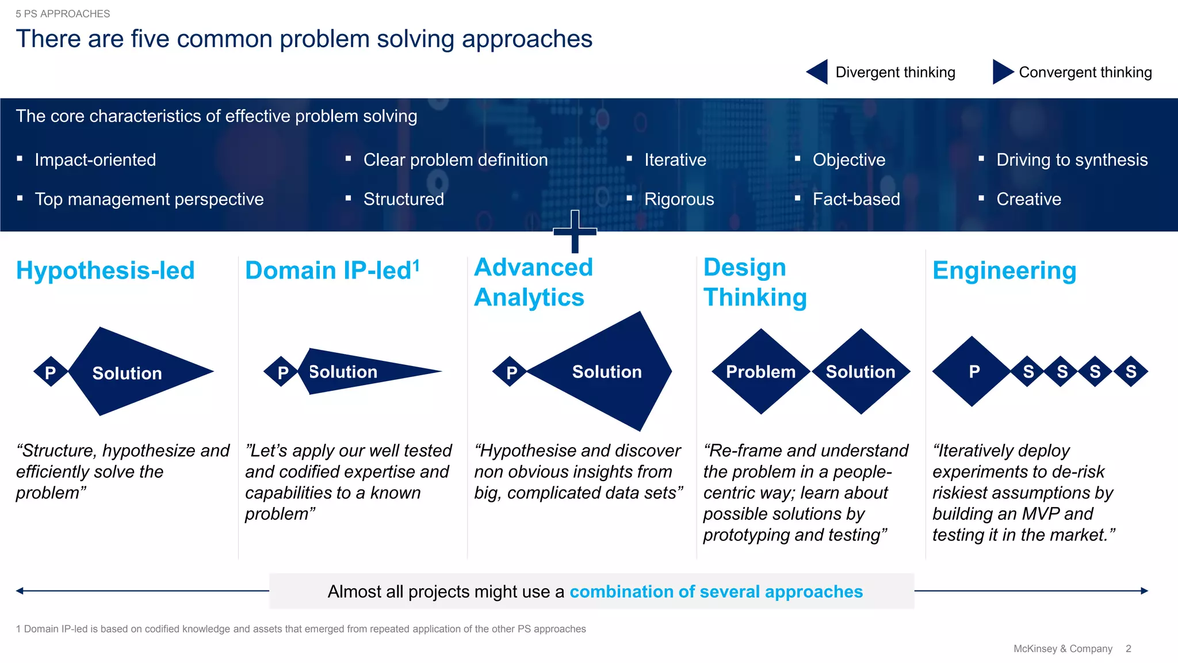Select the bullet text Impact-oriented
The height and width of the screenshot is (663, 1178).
[x=95, y=159]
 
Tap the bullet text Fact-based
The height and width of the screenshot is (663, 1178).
[x=856, y=199]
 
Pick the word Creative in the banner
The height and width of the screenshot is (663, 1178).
[x=1028, y=199]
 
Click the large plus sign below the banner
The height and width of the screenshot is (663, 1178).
[x=575, y=232]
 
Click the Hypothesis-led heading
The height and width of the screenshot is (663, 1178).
[x=105, y=270]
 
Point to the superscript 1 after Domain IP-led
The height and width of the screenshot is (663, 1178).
[x=416, y=265]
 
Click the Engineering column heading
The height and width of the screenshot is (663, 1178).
[x=1004, y=270]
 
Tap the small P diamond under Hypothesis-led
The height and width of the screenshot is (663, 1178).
[x=51, y=372]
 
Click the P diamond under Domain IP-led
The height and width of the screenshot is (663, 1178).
[x=282, y=372]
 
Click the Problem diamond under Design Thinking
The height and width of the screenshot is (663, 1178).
[x=760, y=372]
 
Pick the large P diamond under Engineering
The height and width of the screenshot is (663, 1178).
[x=973, y=372]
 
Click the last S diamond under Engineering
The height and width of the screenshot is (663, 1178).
[x=1130, y=372]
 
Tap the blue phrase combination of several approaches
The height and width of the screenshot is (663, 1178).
[x=716, y=592]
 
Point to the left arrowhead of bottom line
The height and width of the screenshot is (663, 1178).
[x=20, y=590]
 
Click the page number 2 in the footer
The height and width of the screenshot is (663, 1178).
[x=1128, y=649]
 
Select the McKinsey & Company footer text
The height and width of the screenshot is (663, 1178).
[x=1062, y=649]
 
